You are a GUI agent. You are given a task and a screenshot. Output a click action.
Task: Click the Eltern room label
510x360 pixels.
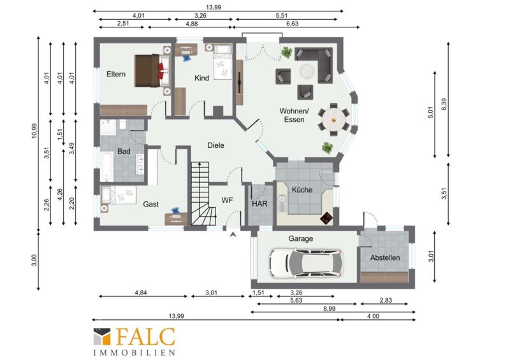pyautogui.click(x=116, y=74)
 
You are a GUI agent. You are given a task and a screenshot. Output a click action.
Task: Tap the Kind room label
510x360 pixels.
pyautogui.click(x=201, y=78)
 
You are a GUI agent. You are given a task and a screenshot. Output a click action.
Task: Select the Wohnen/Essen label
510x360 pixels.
pyautogui.click(x=294, y=115)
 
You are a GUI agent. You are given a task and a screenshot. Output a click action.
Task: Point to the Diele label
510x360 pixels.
pyautogui.click(x=215, y=145)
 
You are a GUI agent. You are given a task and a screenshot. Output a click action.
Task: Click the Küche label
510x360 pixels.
pyautogui.click(x=302, y=190)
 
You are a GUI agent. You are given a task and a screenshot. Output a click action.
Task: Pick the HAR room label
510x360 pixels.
pyautogui.click(x=259, y=204)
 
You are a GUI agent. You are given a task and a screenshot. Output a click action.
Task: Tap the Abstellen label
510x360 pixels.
pyautogui.click(x=385, y=257)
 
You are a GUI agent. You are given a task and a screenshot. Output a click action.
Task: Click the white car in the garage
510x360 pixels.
pyautogui.click(x=306, y=263)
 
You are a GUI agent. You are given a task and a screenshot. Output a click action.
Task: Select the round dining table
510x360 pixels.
pyautogui.click(x=333, y=120)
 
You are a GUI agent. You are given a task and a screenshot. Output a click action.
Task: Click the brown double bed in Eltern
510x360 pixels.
pyautogui.click(x=152, y=71)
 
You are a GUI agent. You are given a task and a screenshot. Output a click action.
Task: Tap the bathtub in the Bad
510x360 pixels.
pyautogui.click(x=106, y=166)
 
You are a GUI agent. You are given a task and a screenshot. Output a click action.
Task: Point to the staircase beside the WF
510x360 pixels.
pyautogui.click(x=201, y=194)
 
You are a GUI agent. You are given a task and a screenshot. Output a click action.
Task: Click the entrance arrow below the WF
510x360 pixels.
pyautogui.click(x=233, y=234)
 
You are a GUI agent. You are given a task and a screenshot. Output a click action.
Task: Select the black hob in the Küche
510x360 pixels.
pyautogui.click(x=326, y=217)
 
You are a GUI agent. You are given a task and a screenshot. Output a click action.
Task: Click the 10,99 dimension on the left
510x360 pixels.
pyautogui.click(x=34, y=131)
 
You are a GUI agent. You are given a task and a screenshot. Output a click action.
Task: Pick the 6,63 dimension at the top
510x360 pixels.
pyautogui.click(x=293, y=24)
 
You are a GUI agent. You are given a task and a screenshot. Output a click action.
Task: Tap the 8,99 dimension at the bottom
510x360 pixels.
pyautogui.click(x=329, y=308)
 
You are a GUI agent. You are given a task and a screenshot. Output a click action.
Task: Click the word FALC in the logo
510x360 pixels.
pyautogui.click(x=146, y=336)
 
